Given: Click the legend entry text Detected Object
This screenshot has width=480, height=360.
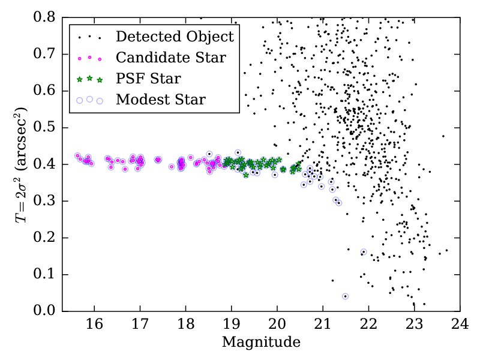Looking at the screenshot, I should (x=175, y=37).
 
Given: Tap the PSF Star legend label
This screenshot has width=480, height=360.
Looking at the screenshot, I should (x=149, y=79).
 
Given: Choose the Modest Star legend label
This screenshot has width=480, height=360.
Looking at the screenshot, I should (x=161, y=100).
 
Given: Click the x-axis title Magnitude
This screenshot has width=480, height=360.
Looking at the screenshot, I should (x=261, y=343).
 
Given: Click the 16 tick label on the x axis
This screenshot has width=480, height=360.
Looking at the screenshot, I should (x=94, y=325).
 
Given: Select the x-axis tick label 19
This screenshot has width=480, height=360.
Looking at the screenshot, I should (x=231, y=325).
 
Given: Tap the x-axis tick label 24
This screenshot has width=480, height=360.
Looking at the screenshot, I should (x=460, y=325).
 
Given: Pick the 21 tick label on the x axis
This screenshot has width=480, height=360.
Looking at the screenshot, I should (x=323, y=325).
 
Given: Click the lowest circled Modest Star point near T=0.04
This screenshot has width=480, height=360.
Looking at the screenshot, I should (x=345, y=296).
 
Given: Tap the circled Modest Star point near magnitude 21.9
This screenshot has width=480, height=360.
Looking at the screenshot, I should (x=364, y=252).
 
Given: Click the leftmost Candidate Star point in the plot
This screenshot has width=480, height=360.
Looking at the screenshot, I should (x=77, y=156).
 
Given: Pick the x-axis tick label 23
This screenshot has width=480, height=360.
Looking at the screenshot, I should (x=414, y=325).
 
